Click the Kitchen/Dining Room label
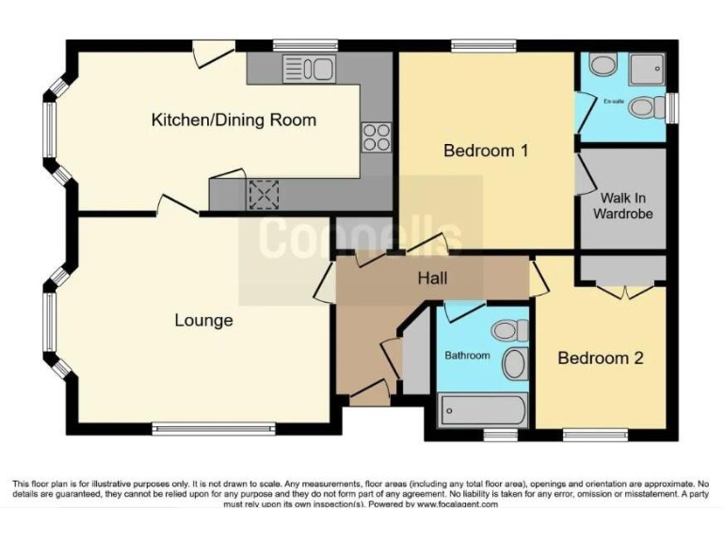233,120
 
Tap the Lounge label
203,321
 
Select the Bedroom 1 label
486,150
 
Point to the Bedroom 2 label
600,359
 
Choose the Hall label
433,279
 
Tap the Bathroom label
467,356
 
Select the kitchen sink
309,68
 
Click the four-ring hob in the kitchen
378,137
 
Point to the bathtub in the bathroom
482,410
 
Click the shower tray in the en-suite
648,68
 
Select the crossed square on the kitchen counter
259,195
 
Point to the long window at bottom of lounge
216,430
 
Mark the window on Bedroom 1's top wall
483,44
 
